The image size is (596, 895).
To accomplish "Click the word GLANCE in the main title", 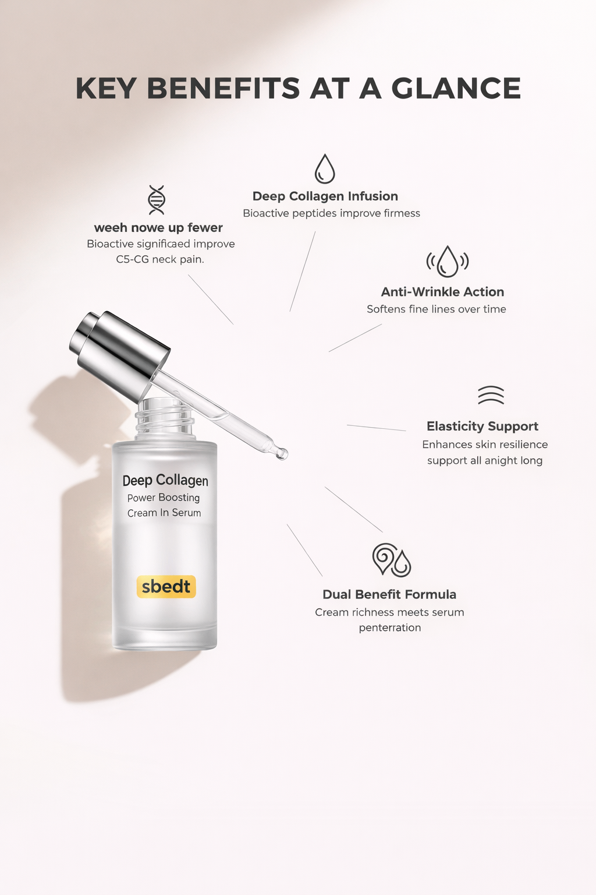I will click(x=456, y=89).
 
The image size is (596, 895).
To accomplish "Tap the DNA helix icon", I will click(x=157, y=200).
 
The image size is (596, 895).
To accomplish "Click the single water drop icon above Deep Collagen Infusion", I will click(x=325, y=169).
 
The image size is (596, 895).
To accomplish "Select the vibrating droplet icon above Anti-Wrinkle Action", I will click(x=447, y=261).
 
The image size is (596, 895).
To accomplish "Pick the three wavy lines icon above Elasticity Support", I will click(x=491, y=395).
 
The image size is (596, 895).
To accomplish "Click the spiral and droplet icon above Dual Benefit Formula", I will click(x=391, y=560).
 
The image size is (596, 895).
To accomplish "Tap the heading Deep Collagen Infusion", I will click(x=325, y=196).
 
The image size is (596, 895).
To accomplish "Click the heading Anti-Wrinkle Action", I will click(x=442, y=292).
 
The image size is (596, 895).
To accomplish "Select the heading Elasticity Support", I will click(x=482, y=427).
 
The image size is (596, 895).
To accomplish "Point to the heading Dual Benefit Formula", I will click(x=389, y=594).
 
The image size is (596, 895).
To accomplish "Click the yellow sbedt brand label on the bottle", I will click(x=166, y=587).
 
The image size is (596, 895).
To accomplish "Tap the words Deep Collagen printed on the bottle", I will click(x=165, y=481).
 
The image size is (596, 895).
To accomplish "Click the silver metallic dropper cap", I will click(x=119, y=350).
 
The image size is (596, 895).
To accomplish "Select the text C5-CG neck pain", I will click(x=160, y=259).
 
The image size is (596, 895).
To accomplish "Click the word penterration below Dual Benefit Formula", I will click(x=389, y=628).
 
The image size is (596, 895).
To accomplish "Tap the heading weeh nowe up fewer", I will click(x=158, y=228).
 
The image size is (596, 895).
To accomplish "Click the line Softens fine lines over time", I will click(x=436, y=309).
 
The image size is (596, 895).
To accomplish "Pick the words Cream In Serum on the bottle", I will click(x=164, y=513).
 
